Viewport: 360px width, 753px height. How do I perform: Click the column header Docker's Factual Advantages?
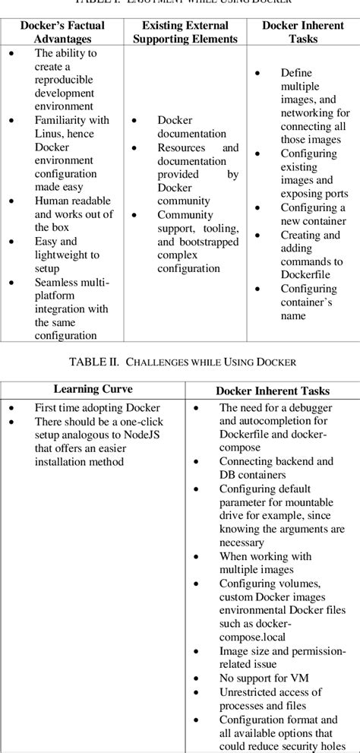point(62,32)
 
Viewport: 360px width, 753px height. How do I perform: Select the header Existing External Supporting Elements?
point(185,32)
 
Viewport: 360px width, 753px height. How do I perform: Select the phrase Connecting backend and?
point(276,461)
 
